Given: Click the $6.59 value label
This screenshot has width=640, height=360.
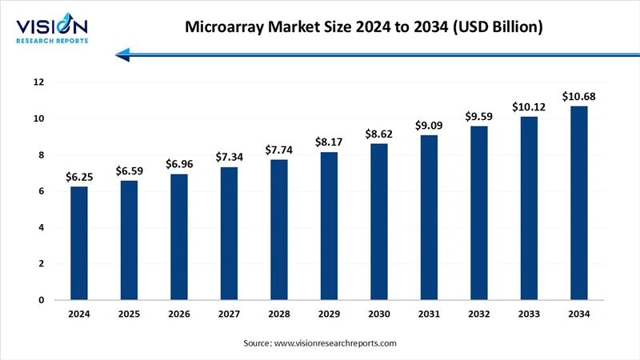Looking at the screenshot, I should (129, 170).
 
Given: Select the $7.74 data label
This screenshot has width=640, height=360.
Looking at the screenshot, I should (278, 150).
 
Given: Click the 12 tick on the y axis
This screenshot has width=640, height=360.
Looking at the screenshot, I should (38, 82).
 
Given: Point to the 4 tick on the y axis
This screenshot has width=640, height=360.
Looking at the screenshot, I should (40, 228).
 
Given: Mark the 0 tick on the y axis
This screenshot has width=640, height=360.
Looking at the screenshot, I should (40, 300).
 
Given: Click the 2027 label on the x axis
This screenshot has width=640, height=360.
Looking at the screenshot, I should (228, 314).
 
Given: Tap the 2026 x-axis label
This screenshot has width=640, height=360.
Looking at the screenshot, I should (178, 314).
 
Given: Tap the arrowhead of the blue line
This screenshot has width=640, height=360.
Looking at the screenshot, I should (122, 54).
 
